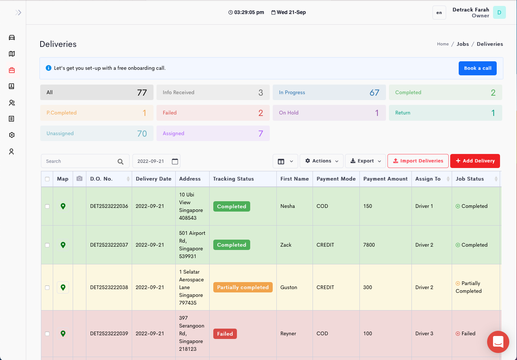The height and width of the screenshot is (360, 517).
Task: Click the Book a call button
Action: tap(477, 68)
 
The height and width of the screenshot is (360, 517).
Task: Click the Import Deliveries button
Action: tap(418, 161)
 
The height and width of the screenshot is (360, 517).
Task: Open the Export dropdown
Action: tap(365, 161)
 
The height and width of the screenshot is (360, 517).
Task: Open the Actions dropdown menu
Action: tap(321, 161)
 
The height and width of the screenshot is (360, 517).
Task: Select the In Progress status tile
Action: tap(329, 92)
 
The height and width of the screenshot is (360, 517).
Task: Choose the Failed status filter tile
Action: tap(213, 113)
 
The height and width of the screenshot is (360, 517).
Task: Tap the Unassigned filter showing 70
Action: tap(96, 133)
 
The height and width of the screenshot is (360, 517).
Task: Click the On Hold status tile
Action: tap(329, 113)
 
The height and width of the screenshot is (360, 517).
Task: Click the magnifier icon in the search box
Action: tap(120, 161)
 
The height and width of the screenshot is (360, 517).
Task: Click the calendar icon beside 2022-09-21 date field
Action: tap(175, 161)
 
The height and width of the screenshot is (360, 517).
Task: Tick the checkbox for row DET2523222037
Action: tap(47, 245)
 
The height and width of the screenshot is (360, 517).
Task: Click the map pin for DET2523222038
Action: tap(63, 287)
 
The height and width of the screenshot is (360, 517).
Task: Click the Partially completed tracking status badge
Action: tap(242, 287)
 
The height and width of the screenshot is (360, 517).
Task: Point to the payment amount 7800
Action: tap(369, 245)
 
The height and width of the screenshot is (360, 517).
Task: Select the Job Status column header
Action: tap(469, 179)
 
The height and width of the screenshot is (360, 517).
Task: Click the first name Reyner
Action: tap(288, 333)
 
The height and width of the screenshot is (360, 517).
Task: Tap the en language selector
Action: tap(439, 13)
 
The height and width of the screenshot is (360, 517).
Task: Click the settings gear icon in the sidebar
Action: tap(12, 135)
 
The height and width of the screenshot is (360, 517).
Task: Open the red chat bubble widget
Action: tap(498, 342)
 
